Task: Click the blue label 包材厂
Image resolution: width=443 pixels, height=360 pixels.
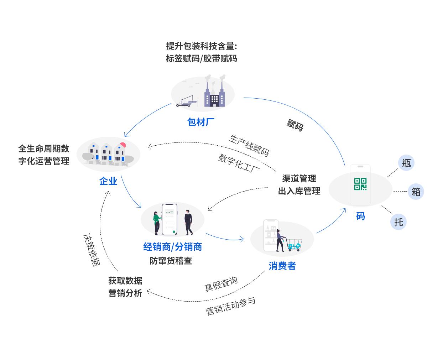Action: pos(201,122)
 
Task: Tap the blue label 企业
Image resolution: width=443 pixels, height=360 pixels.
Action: pos(108,181)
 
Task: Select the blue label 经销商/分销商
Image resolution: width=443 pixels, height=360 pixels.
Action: pos(172,247)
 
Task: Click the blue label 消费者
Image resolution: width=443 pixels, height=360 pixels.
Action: pos(282,266)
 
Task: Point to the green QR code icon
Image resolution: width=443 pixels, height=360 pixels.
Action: pos(360,184)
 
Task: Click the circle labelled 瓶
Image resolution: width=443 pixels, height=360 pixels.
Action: pos(406,163)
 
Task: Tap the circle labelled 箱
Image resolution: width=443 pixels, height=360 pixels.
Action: pos(416,192)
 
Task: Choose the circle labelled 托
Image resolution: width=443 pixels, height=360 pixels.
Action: pos(398,222)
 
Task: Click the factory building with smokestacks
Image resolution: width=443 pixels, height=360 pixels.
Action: pos(214,93)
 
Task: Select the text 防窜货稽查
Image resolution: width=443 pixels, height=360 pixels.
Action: pos(171,261)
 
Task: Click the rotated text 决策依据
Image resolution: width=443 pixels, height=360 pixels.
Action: pos(91,250)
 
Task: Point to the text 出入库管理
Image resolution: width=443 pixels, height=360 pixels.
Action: pos(299,191)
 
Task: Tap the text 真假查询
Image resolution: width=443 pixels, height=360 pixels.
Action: pos(221,284)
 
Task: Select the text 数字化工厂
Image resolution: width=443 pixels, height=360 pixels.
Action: pos(239,163)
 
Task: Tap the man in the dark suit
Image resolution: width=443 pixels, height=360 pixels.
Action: pos(188,222)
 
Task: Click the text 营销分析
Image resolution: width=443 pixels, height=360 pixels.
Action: pos(125,293)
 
